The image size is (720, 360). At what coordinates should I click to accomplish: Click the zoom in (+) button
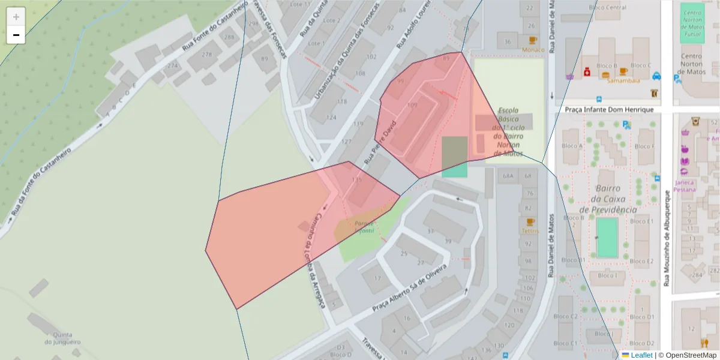point(16,17)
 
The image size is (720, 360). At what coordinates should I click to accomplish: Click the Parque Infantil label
point(364,227)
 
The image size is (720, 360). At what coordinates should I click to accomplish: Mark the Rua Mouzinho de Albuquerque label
point(666,239)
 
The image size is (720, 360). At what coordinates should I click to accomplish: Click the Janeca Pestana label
point(685,186)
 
